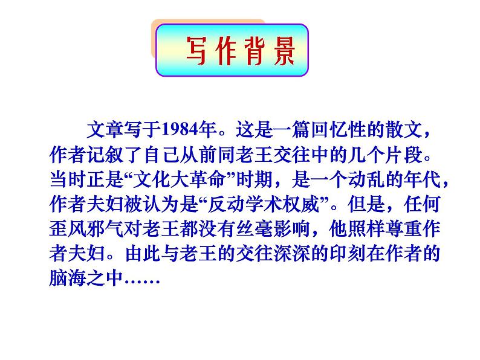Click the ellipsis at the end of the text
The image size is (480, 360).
click(141, 280)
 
